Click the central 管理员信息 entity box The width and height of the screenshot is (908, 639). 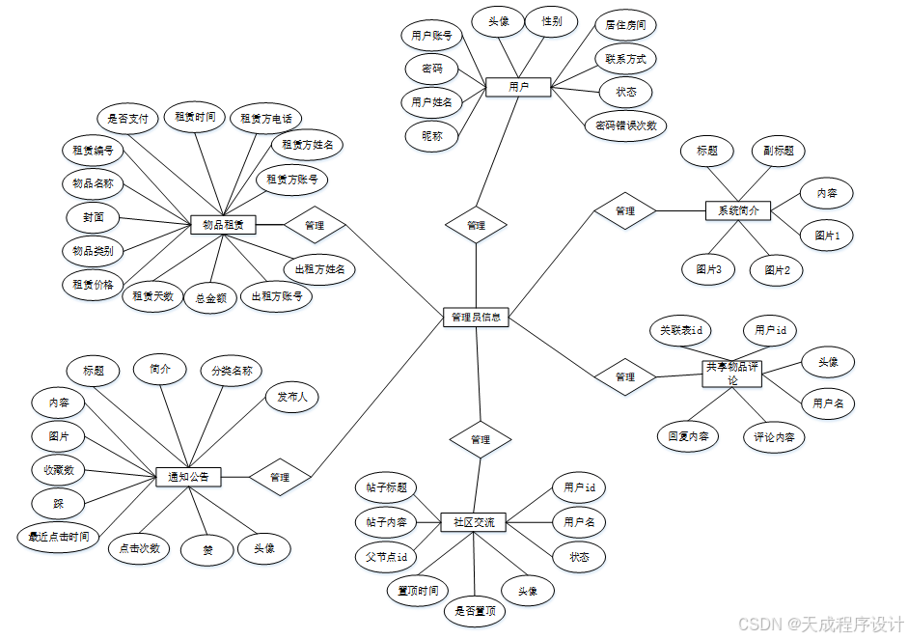click(x=477, y=318)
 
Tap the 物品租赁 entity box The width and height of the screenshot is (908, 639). click(x=223, y=225)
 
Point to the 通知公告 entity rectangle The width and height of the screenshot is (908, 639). click(x=189, y=477)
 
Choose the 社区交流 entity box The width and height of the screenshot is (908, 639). click(x=474, y=522)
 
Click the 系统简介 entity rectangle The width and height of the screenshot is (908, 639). click(x=738, y=210)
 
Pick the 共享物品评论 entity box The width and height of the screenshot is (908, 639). click(x=732, y=374)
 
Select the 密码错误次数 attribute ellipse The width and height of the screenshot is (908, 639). click(x=625, y=125)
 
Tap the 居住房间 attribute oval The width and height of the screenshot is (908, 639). click(x=625, y=24)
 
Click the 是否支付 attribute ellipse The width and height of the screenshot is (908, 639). click(x=128, y=120)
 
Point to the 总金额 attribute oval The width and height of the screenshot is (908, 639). click(x=210, y=298)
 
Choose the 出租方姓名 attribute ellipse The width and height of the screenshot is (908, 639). click(x=315, y=268)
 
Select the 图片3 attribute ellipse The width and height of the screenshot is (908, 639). click(x=709, y=269)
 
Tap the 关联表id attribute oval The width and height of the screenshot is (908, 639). click(x=681, y=330)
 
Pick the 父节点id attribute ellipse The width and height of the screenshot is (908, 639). click(x=386, y=557)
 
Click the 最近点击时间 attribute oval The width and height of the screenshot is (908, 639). click(x=59, y=537)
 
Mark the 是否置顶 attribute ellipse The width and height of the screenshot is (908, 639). click(x=475, y=610)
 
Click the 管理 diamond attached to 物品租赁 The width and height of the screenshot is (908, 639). click(x=314, y=226)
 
